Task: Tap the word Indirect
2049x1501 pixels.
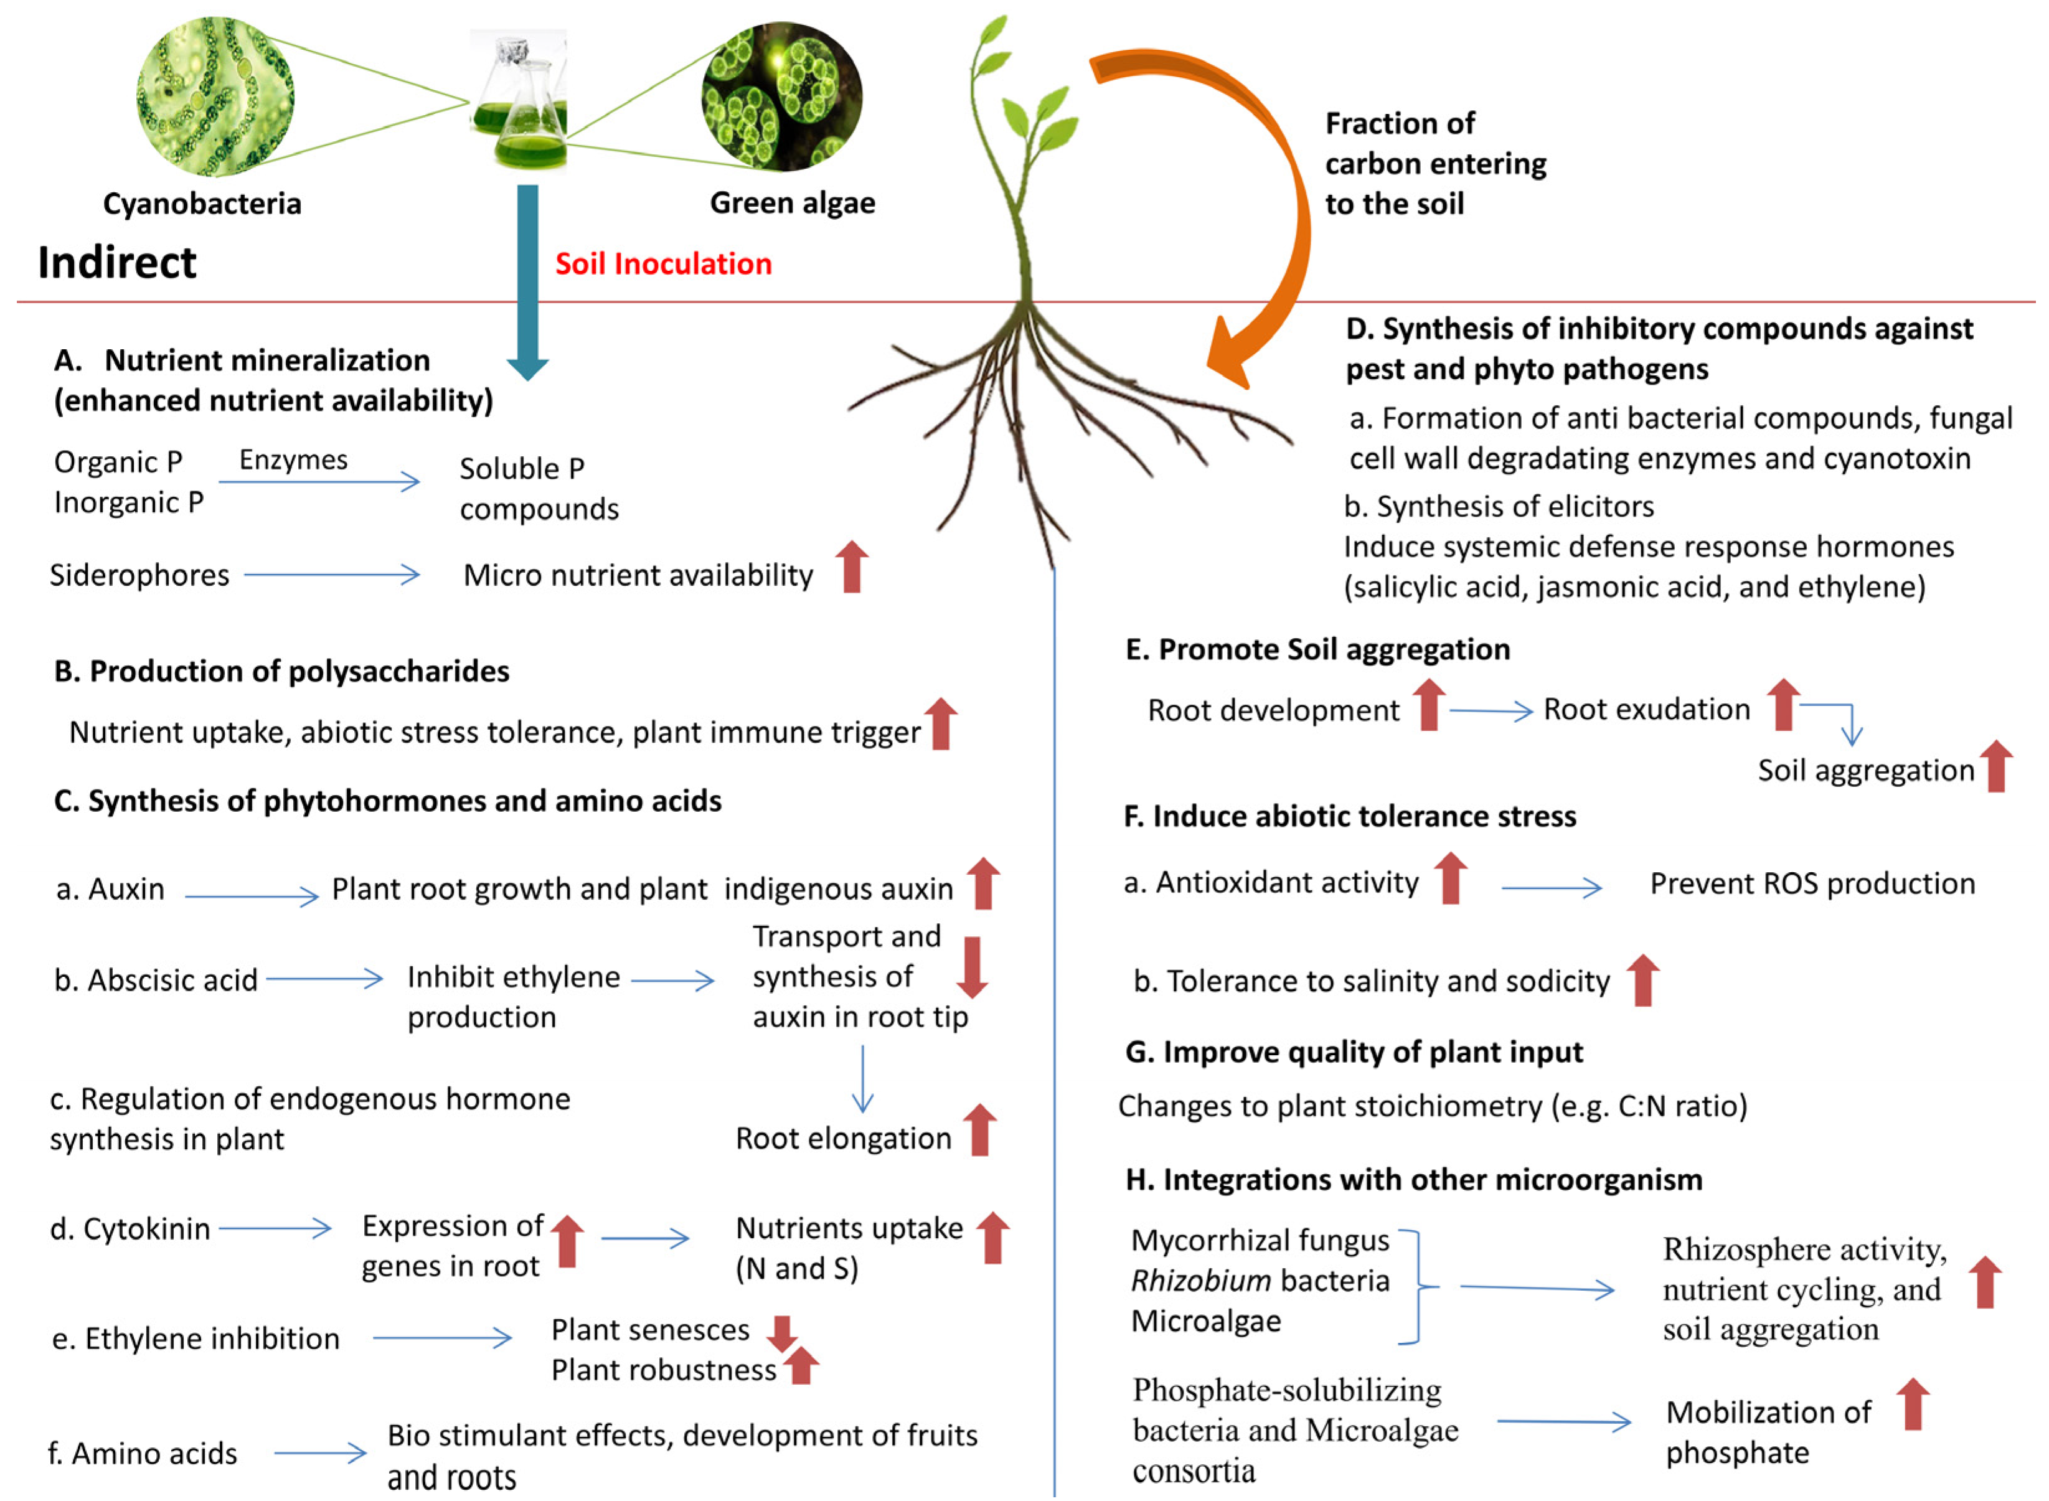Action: [116, 263]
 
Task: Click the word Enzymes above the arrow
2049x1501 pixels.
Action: [293, 459]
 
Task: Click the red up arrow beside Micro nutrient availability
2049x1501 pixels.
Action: [852, 567]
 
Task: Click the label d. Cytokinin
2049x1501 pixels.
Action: [130, 1230]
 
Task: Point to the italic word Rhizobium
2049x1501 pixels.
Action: [1200, 1281]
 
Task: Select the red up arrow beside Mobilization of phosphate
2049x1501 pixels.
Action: [1914, 1405]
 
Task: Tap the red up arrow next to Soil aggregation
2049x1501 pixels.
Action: [1996, 766]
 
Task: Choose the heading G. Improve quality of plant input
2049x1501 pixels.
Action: [1354, 1052]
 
